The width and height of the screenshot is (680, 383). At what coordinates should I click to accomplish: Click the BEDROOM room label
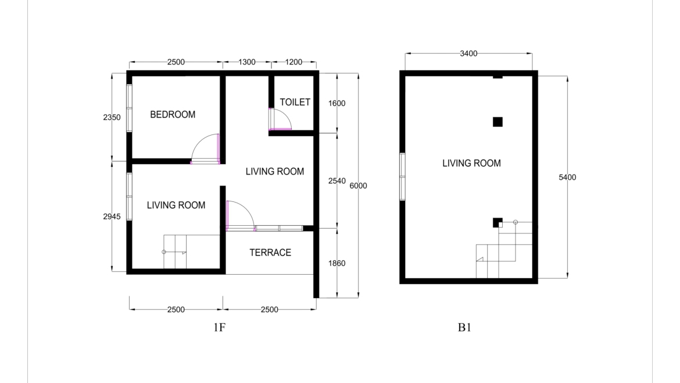click(x=173, y=115)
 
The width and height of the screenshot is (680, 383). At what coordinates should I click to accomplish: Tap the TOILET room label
click(x=295, y=102)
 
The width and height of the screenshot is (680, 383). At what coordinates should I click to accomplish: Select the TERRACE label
click(x=270, y=253)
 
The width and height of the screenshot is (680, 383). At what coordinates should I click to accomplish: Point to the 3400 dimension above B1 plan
click(x=468, y=54)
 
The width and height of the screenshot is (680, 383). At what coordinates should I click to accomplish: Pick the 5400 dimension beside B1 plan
click(x=567, y=178)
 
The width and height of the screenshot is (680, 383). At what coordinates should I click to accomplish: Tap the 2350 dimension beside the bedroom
click(x=112, y=118)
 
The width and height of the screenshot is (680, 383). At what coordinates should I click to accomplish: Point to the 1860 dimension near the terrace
click(x=337, y=263)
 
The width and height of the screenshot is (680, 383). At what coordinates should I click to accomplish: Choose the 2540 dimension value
click(x=337, y=181)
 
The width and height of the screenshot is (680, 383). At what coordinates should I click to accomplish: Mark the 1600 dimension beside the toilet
click(x=337, y=104)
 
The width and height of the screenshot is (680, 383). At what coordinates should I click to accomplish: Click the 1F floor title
click(x=219, y=328)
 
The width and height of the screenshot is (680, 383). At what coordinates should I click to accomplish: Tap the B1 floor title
click(x=464, y=328)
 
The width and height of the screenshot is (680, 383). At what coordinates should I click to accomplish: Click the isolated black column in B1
click(x=498, y=122)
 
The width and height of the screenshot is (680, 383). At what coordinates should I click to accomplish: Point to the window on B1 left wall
click(x=402, y=177)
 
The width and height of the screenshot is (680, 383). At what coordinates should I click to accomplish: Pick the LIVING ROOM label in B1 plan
click(x=471, y=164)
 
